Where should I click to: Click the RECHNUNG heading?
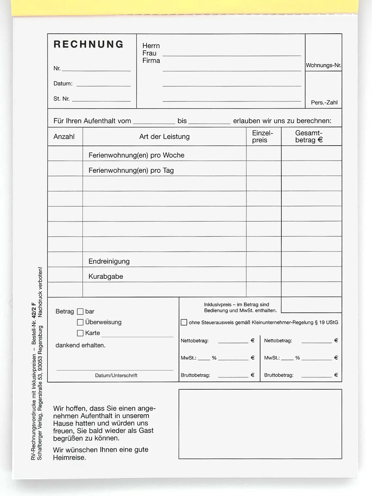pos(88,44)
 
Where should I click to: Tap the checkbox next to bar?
pos(80,311)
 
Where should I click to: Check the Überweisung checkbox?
pos(80,322)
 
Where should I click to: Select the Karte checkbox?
pos(80,333)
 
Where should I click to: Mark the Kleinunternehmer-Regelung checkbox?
pos(184,322)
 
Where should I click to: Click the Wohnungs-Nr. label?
pos(323,65)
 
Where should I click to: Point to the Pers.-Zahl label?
pos(324,102)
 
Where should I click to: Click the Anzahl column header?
pos(64,137)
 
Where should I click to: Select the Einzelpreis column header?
pos(262,136)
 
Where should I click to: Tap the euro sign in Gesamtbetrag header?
pos(320,140)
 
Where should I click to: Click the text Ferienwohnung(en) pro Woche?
pos(136,155)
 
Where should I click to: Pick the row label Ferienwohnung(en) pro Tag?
pos(131,170)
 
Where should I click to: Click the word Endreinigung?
pos(109,261)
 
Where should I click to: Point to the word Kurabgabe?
pos(106,276)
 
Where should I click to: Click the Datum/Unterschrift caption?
pos(116,375)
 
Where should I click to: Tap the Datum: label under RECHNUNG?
pos(63,83)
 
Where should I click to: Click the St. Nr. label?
pos(62,98)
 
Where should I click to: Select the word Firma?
pos(151,61)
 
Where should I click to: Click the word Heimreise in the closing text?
pos(69,457)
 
